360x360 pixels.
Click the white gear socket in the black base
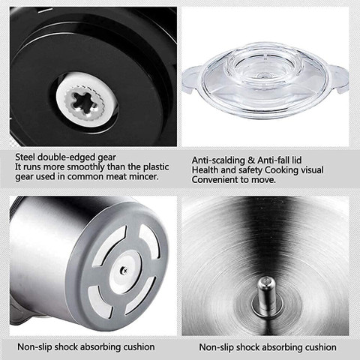point(87,99)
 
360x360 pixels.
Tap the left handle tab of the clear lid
point(192,79)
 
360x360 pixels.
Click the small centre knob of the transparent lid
point(263,75)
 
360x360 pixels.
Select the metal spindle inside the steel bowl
point(267,295)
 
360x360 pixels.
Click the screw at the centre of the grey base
point(123,269)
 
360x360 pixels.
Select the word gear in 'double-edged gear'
point(106,158)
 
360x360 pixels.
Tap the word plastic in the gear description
point(156,167)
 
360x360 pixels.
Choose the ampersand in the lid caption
point(253,160)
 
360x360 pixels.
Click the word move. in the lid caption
point(263,180)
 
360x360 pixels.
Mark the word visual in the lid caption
point(312,170)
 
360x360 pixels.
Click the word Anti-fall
point(273,160)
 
